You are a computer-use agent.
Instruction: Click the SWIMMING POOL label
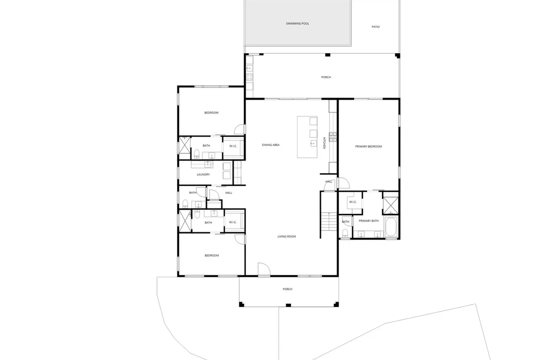(x=297, y=24)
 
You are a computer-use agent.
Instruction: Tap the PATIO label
(x=375, y=27)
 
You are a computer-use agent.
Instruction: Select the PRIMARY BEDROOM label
(x=368, y=146)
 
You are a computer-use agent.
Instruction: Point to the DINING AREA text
(x=271, y=145)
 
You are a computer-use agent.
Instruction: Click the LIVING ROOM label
(x=286, y=236)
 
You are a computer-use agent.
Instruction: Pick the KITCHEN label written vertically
(x=324, y=143)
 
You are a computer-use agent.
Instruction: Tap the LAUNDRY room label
(x=203, y=175)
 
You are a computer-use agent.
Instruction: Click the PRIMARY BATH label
(x=369, y=221)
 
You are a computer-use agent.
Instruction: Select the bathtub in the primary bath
(x=391, y=227)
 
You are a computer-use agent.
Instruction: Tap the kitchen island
(x=307, y=137)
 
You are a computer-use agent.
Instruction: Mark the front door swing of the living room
(x=264, y=269)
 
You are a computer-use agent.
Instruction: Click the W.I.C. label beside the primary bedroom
(x=353, y=202)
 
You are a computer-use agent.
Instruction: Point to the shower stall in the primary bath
(x=391, y=206)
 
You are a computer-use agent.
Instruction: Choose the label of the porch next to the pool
(x=326, y=77)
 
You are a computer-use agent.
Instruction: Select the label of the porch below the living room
(x=288, y=289)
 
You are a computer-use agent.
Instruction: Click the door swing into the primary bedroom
(x=344, y=183)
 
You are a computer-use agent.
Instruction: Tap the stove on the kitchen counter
(x=333, y=137)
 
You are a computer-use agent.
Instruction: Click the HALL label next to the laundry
(x=229, y=193)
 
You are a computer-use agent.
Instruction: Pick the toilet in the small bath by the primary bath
(x=345, y=233)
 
